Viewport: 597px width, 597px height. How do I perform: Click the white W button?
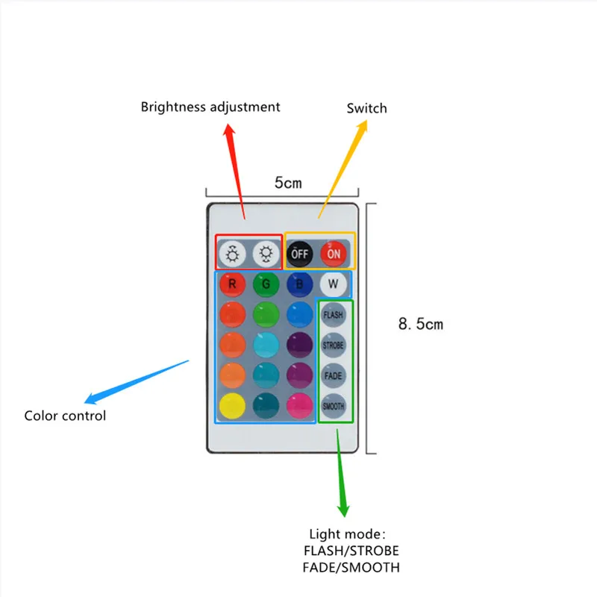(x=333, y=284)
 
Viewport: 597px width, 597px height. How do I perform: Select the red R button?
(x=233, y=284)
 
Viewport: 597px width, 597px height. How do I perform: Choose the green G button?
(x=265, y=284)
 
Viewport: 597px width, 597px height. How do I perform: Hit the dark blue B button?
(x=298, y=284)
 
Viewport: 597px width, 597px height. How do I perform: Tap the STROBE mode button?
(x=333, y=346)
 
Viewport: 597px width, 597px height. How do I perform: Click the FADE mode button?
(x=333, y=376)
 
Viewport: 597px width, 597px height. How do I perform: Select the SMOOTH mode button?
(x=333, y=406)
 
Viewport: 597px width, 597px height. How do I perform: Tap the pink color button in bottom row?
(x=298, y=405)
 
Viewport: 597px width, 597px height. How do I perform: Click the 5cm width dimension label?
(x=288, y=183)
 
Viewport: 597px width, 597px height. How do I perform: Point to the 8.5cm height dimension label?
(x=420, y=324)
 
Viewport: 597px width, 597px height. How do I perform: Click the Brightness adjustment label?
(x=210, y=107)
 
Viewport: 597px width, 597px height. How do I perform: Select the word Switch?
(x=366, y=108)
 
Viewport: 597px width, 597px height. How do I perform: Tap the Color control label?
(x=65, y=416)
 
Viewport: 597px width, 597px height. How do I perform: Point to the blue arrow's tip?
(x=86, y=401)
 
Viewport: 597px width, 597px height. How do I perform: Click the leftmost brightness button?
(x=233, y=254)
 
